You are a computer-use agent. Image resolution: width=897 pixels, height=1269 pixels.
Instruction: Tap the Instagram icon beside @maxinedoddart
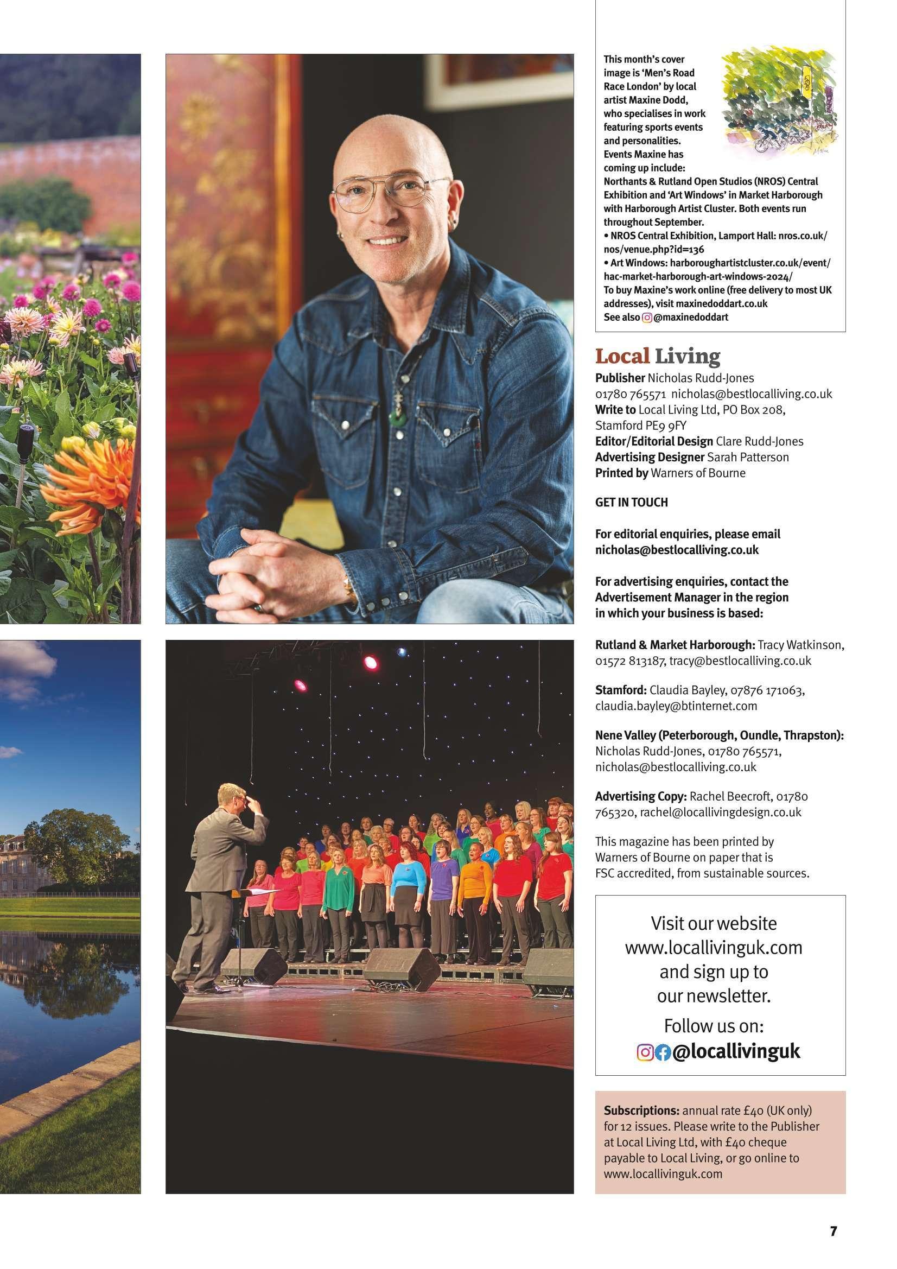point(647,317)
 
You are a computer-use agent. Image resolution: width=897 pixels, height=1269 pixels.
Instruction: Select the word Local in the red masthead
point(622,357)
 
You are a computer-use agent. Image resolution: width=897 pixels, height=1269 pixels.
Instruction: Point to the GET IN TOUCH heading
point(631,503)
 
